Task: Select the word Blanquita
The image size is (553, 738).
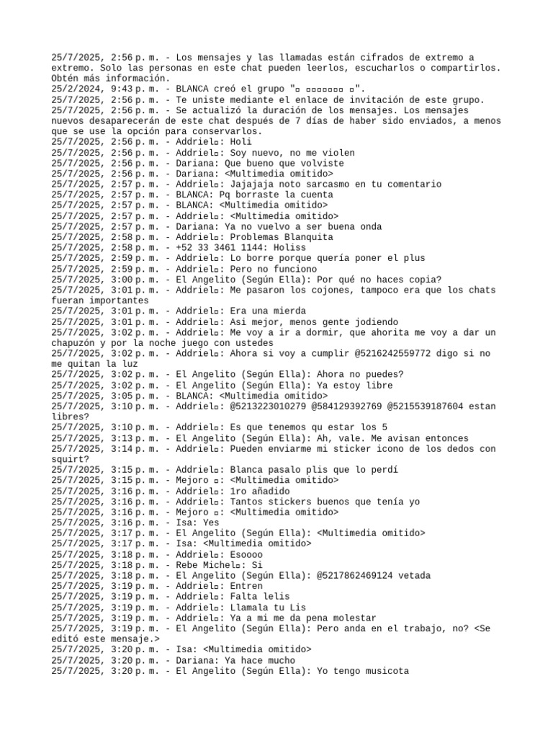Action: (x=303, y=237)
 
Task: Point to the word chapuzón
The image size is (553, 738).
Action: (x=78, y=343)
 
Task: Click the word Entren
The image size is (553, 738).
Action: (x=248, y=587)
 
